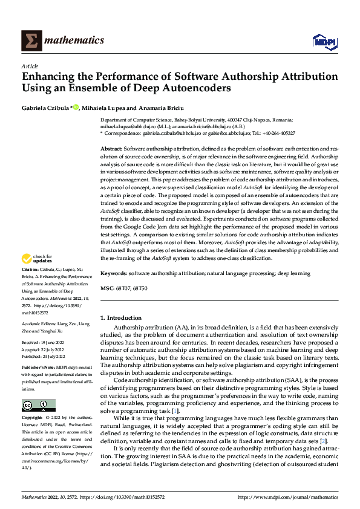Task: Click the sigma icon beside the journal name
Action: (x=28, y=41)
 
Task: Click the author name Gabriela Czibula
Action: (x=45, y=108)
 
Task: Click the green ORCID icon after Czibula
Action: (x=76, y=107)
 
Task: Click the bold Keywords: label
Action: (x=114, y=273)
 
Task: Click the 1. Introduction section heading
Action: (x=121, y=318)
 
